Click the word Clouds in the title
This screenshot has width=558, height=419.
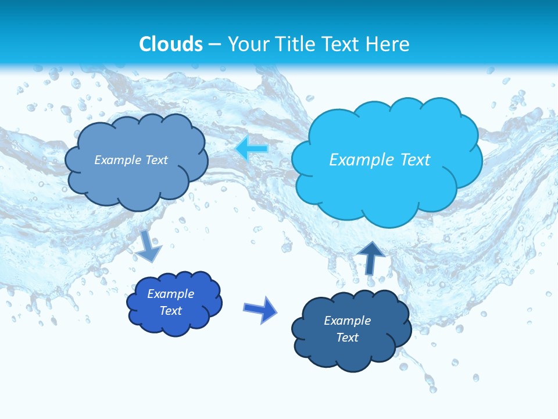[x=171, y=44]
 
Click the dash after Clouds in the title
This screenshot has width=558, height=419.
[x=215, y=45]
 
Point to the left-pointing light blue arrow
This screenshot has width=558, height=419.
[x=252, y=149]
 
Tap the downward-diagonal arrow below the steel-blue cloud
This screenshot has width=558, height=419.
[x=149, y=247]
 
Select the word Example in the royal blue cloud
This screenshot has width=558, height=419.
[x=171, y=294]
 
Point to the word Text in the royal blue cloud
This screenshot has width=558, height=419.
[x=171, y=311]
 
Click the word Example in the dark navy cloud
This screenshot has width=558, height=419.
[x=347, y=321]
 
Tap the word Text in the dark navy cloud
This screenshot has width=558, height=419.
[x=347, y=338]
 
